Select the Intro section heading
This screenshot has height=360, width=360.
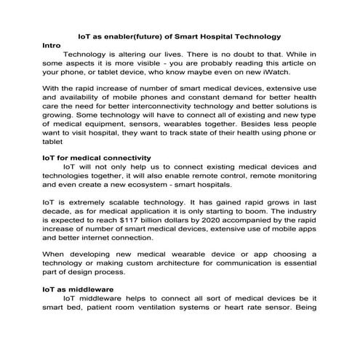click(52, 44)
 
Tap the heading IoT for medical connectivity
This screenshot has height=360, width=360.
click(97, 157)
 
